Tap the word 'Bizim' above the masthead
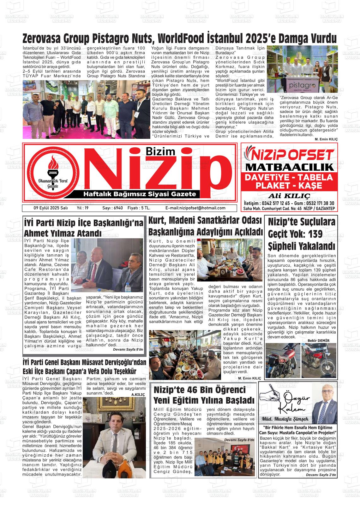[160, 151]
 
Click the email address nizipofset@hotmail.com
[195, 208]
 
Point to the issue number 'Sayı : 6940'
[112, 208]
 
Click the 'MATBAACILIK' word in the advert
[289, 167]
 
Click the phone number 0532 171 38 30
[317, 203]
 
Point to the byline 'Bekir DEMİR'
[318, 340]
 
